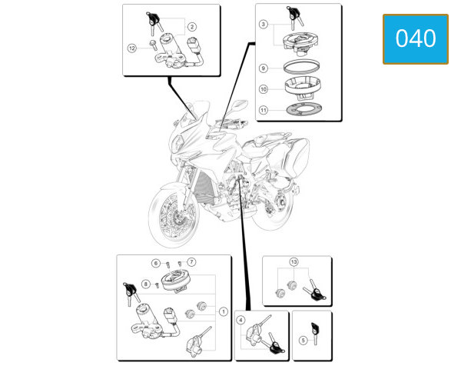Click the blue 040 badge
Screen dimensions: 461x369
[416, 39]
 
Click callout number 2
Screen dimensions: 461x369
[191, 27]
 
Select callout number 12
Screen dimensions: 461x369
[132, 48]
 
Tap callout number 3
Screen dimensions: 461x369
[263, 24]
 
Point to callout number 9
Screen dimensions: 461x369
[263, 68]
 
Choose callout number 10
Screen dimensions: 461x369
[263, 89]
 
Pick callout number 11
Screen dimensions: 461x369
[263, 110]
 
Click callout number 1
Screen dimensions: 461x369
[224, 311]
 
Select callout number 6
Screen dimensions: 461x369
[156, 263]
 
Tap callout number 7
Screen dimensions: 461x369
[191, 261]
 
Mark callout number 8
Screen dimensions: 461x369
[145, 284]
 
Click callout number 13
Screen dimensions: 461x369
[294, 261]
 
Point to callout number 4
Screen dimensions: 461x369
[240, 320]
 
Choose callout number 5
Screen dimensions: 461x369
[303, 341]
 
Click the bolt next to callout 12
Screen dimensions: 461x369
[153, 45]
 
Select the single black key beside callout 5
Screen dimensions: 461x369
[315, 333]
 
